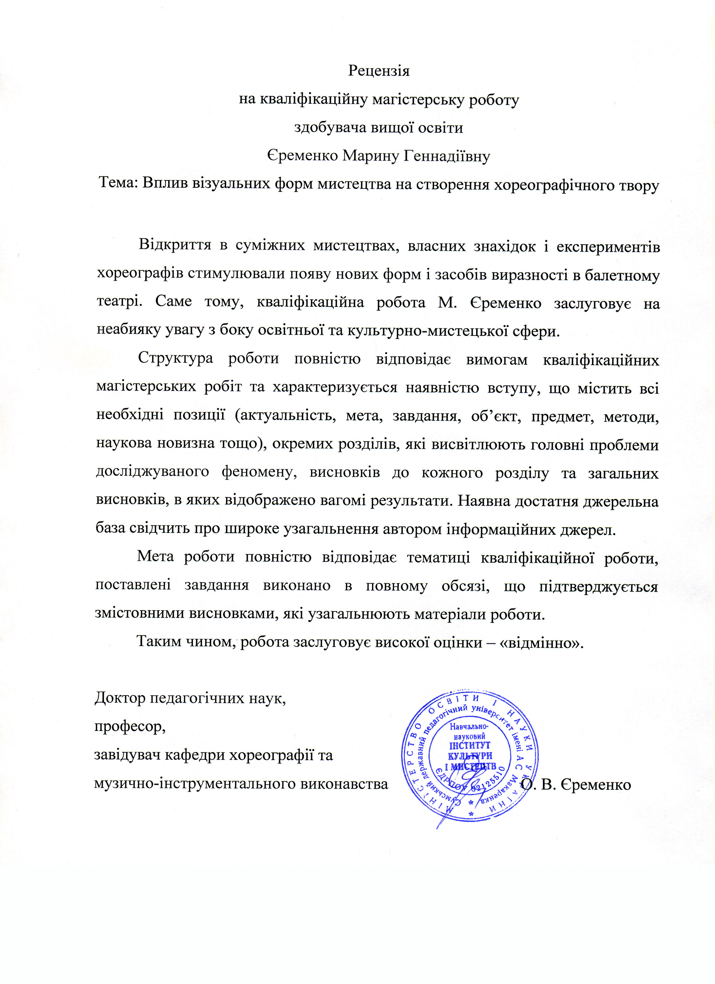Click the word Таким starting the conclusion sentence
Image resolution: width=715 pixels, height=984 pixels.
tap(158, 641)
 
